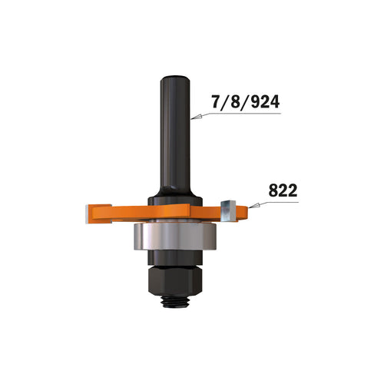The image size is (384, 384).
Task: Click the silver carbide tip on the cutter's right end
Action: [228, 210]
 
